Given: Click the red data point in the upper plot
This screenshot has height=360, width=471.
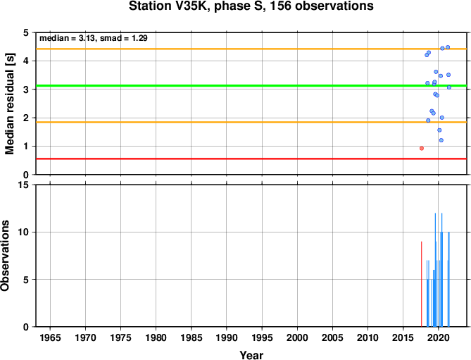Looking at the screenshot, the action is tap(422, 149).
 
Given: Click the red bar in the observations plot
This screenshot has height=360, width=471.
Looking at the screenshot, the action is tap(422, 284).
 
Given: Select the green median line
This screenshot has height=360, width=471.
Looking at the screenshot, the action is tap(251, 86).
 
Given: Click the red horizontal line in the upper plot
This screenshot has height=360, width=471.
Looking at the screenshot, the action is tap(251, 159).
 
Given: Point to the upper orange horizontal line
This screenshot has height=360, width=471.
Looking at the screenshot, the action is tap(251, 49).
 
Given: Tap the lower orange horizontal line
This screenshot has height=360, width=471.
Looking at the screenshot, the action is tap(251, 122).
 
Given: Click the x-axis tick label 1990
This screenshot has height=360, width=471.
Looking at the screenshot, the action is tap(227, 337).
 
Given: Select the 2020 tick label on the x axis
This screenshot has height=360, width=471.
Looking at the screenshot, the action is tap(438, 337).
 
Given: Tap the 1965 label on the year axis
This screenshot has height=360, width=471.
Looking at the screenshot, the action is tap(50, 337).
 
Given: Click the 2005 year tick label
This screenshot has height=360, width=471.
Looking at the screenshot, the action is tap(332, 337).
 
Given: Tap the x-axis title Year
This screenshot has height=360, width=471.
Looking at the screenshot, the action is tap(251, 355).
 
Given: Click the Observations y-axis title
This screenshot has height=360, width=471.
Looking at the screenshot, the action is tap(5, 256).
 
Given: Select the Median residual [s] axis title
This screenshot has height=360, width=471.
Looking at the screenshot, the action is tap(10, 104).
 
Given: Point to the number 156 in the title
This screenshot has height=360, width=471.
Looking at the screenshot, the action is tap(280, 6).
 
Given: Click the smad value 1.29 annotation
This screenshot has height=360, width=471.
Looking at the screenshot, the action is tap(139, 38).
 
